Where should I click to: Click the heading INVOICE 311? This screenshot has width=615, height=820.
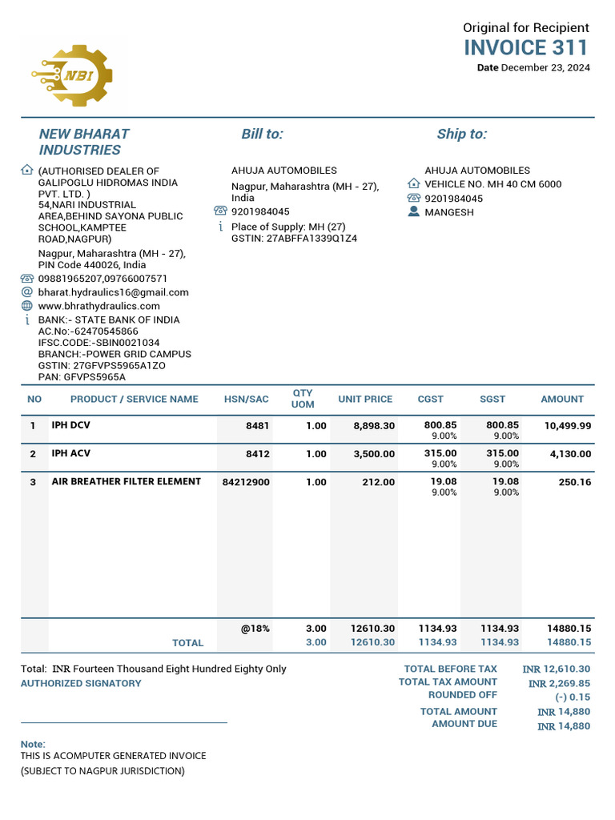click(x=525, y=47)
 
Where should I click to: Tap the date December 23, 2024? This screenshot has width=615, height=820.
click(x=545, y=68)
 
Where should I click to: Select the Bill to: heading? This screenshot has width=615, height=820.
click(x=262, y=135)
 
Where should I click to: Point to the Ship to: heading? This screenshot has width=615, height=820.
click(x=461, y=135)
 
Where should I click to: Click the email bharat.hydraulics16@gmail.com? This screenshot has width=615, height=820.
click(x=114, y=292)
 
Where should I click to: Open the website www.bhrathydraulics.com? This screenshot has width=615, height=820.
click(x=99, y=306)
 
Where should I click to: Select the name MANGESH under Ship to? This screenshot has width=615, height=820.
click(x=448, y=212)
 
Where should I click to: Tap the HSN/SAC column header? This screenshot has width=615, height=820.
click(x=247, y=399)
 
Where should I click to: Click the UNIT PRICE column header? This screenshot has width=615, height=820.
click(x=365, y=399)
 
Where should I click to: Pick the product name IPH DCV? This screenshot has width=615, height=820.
click(x=70, y=425)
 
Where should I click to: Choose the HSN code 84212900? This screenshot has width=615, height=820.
click(x=246, y=482)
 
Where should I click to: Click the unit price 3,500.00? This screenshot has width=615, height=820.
click(x=374, y=454)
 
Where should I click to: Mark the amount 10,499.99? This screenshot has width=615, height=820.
click(x=567, y=426)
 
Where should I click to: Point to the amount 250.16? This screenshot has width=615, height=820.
click(x=574, y=482)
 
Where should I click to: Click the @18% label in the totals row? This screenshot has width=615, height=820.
click(x=255, y=629)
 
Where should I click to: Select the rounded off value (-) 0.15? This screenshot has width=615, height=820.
click(x=573, y=697)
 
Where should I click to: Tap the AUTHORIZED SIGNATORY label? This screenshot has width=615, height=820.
click(x=80, y=684)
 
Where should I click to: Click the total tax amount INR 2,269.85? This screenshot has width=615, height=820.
click(x=559, y=684)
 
